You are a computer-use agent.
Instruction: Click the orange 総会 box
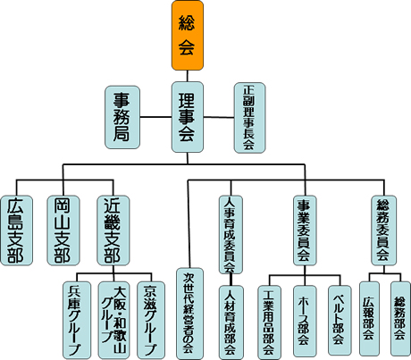point(188,36)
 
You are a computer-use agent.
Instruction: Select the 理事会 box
point(188,117)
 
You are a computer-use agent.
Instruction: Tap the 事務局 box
point(122,117)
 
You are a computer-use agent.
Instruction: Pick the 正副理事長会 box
point(249,118)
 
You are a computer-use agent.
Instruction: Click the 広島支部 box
point(16,230)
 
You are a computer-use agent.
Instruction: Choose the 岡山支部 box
point(63,230)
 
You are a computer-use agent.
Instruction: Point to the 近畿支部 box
point(113,230)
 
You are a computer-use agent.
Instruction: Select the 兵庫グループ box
point(77,320)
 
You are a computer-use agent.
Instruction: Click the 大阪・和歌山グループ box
point(114,320)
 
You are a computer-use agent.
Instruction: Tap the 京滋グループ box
point(151,320)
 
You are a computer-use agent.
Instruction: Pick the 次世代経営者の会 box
point(189,314)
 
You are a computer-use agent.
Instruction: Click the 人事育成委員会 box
point(231,235)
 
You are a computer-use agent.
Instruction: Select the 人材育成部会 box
point(231,322)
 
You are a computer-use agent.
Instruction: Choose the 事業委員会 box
point(305,230)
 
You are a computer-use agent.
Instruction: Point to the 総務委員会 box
point(384,230)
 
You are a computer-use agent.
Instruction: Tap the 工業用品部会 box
point(269,322)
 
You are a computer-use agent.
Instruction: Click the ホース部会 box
point(305,321)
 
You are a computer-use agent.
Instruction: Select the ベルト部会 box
point(340,321)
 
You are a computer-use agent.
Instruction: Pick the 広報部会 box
point(369,319)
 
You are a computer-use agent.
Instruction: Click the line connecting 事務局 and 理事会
point(155,117)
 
